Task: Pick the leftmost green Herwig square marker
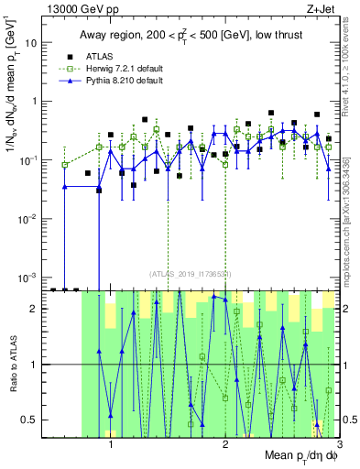tap(64, 165)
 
